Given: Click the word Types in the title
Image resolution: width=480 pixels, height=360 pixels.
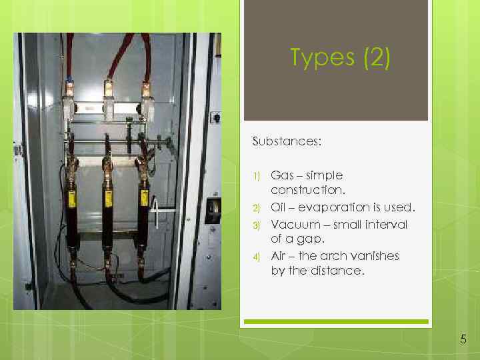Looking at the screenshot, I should tap(323, 59).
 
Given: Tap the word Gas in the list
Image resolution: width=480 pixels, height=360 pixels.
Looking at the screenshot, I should tap(281, 175).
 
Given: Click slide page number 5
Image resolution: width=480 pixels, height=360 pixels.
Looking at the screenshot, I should tap(463, 340).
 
